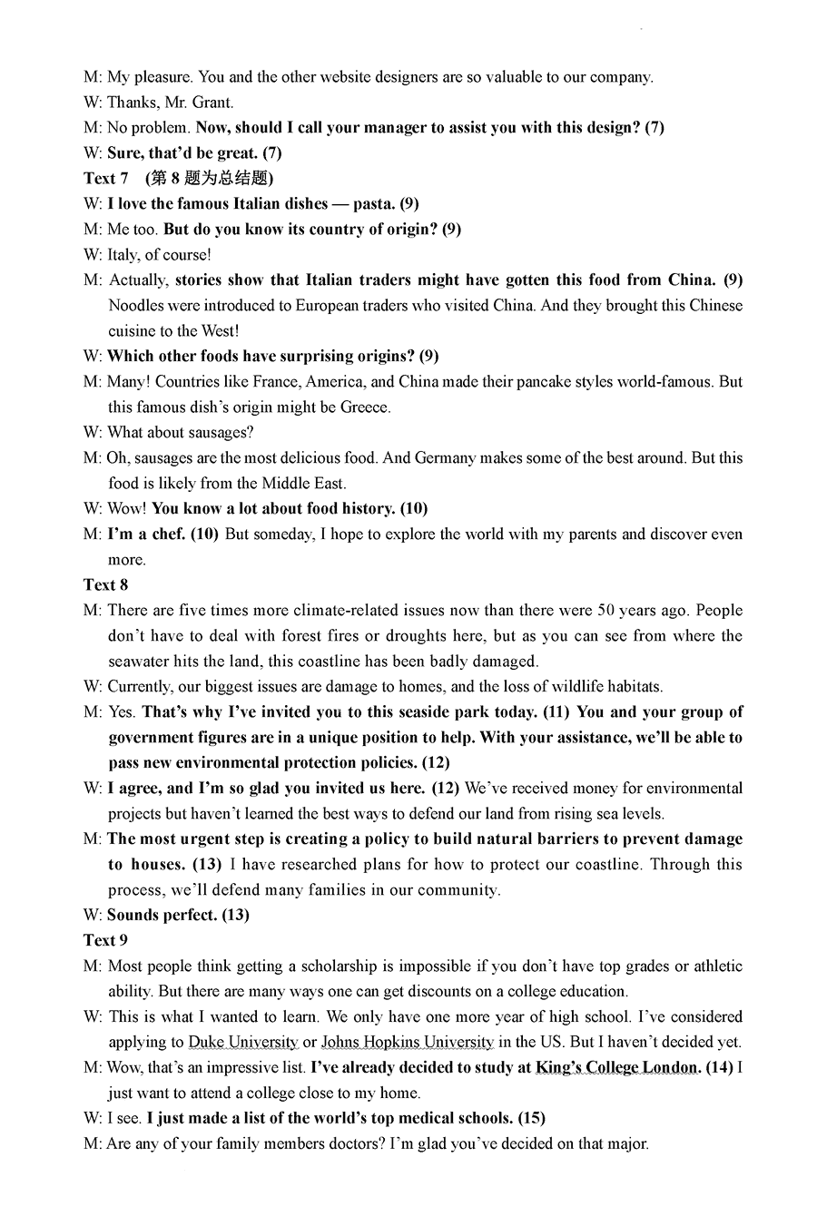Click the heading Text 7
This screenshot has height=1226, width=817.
106,179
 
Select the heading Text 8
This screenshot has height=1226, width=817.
106,585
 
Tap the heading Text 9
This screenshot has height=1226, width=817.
106,941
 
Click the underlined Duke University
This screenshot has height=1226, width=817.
243,1043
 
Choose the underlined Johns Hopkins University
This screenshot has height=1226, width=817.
408,1043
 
